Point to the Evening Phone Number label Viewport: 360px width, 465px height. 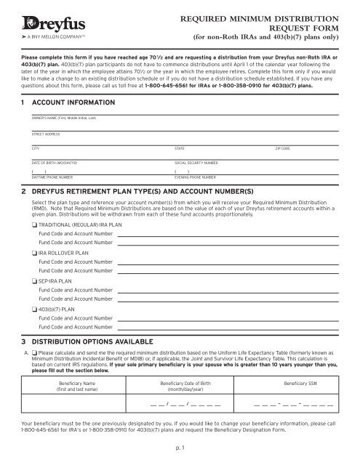point(196,177)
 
